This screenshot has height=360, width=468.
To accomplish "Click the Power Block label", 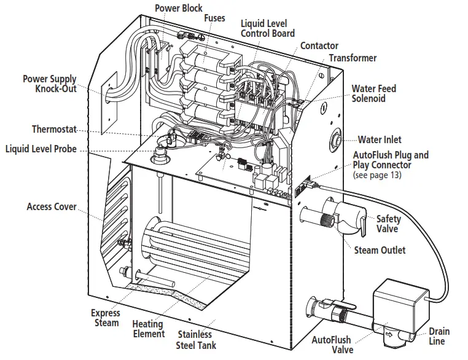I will [178, 9].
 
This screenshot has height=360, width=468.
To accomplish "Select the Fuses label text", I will [214, 18].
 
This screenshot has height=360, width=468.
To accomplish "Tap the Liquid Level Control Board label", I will [267, 28].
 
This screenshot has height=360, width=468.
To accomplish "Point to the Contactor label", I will [319, 46].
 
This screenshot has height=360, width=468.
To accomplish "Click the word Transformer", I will [353, 58].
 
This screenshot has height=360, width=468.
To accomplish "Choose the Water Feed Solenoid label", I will [373, 93].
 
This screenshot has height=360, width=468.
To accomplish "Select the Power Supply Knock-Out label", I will [50, 84].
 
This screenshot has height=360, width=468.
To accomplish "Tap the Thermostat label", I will [54, 129].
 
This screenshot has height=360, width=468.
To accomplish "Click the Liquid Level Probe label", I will [41, 149].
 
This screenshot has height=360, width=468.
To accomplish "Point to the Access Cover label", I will [52, 206].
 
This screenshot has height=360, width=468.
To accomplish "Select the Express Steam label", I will [105, 318].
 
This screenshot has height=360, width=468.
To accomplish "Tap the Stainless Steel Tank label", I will [195, 340].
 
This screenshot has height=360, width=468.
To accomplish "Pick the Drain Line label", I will [439, 336].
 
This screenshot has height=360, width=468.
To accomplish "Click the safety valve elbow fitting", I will [347, 219].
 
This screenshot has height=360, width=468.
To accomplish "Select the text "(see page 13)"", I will [377, 175].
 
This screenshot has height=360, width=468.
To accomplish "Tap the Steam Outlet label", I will [380, 250].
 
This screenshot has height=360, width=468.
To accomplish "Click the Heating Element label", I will [149, 329].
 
